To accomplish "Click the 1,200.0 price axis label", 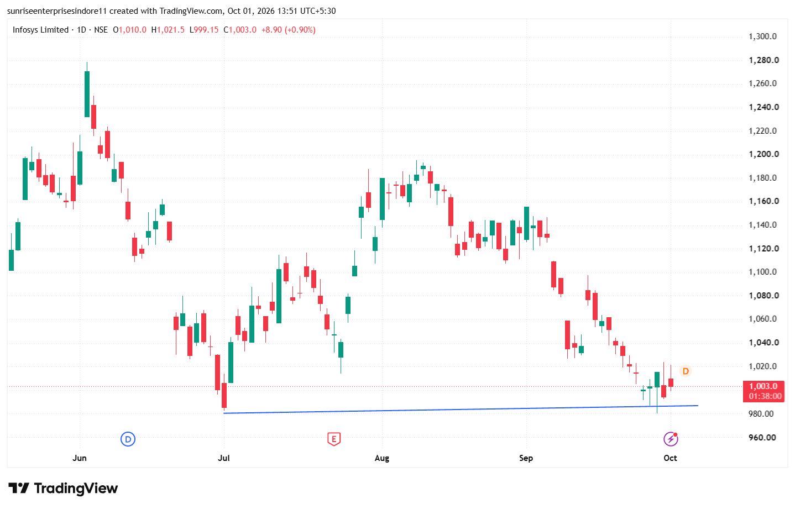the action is [x=764, y=154].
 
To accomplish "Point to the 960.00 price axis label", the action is [x=762, y=437].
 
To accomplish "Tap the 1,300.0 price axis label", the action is [x=763, y=36].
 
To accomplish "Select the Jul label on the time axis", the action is [x=223, y=458].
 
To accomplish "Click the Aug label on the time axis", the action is [x=382, y=458].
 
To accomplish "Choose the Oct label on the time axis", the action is [x=670, y=458].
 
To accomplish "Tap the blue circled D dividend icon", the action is [x=128, y=439].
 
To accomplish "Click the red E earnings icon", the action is [x=333, y=439].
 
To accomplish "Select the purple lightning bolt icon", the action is [x=671, y=439].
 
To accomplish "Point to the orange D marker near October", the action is [x=686, y=371].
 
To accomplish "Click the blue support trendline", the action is [x=461, y=410].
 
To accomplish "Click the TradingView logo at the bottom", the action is [x=63, y=489].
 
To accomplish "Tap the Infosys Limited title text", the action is [x=40, y=30].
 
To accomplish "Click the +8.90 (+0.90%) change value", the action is [x=288, y=30].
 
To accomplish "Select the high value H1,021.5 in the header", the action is [x=168, y=30].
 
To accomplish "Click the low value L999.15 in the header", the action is [x=203, y=30].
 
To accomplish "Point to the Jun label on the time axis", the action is [x=80, y=458].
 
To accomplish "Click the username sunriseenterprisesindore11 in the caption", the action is [x=57, y=11].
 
